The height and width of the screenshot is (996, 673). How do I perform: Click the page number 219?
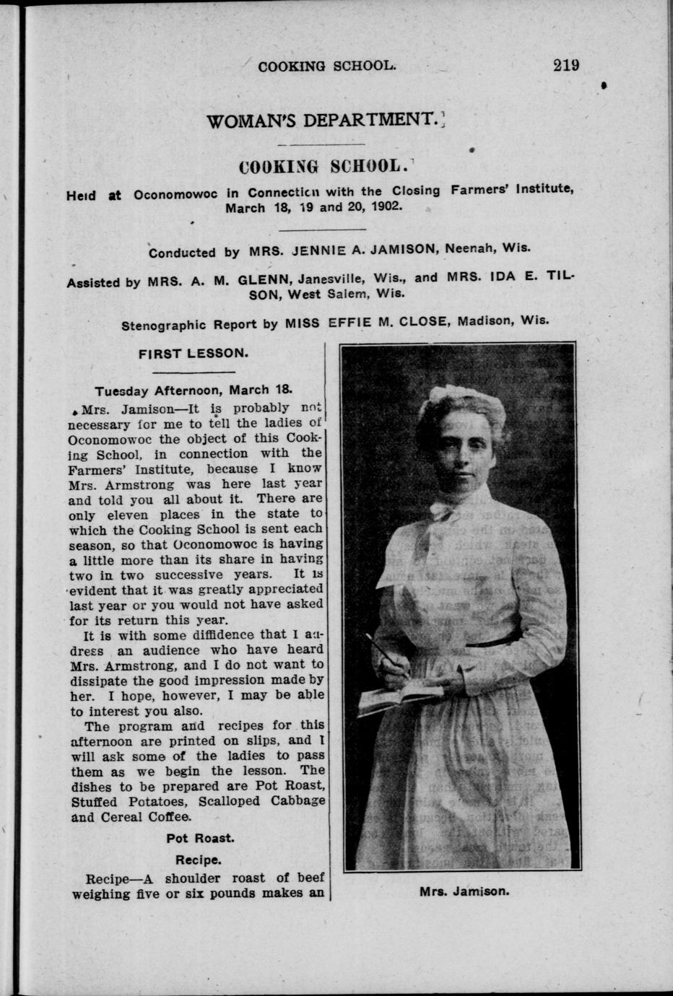point(566,65)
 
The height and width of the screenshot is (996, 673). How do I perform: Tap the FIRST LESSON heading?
point(194,353)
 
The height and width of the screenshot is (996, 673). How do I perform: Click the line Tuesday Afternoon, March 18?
point(193,390)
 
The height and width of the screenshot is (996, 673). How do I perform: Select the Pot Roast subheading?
point(200,838)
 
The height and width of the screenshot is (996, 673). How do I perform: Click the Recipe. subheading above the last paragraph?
point(198,860)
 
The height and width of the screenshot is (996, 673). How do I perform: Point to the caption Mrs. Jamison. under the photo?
point(464,891)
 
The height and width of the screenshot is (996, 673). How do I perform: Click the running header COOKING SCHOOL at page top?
point(326,66)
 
